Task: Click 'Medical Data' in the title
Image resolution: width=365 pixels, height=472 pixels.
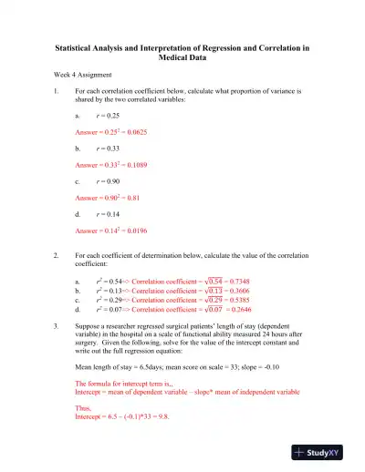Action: (182, 56)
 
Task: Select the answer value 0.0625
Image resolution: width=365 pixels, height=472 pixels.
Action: (139, 132)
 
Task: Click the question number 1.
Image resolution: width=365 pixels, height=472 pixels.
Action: (56, 92)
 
